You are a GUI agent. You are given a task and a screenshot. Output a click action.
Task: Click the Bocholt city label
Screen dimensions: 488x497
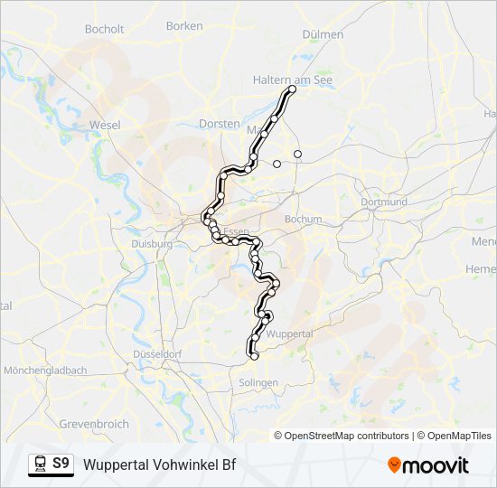[104, 29]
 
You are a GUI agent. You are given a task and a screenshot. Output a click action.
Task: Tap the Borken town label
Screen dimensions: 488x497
[184, 26]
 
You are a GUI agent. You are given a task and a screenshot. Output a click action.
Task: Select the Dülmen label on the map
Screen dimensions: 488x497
[324, 34]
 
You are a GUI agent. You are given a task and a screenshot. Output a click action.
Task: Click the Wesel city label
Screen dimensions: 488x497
[106, 125]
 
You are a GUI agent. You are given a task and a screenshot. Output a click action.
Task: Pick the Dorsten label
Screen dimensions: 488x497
[220, 124]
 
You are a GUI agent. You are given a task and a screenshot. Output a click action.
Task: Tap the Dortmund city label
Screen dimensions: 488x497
[383, 202]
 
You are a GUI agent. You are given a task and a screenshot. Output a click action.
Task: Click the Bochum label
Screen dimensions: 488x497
[303, 219]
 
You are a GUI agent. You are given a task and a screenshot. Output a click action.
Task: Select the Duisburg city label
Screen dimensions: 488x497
[151, 244]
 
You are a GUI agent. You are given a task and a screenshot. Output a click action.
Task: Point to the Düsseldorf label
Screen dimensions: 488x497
[158, 354]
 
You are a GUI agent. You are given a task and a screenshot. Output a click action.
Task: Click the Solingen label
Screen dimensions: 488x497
[258, 382]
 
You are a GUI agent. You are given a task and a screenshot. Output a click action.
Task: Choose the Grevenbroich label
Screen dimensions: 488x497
[94, 423]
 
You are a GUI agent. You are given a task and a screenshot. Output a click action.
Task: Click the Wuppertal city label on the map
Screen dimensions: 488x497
[291, 333]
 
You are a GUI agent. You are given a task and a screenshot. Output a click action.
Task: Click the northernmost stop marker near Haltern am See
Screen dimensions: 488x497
[292, 89]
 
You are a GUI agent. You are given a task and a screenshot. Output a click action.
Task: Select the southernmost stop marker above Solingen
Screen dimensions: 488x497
[254, 356]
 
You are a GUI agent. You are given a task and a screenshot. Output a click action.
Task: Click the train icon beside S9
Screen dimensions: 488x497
[40, 465]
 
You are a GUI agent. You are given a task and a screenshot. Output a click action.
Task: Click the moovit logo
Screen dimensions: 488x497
[428, 465]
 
